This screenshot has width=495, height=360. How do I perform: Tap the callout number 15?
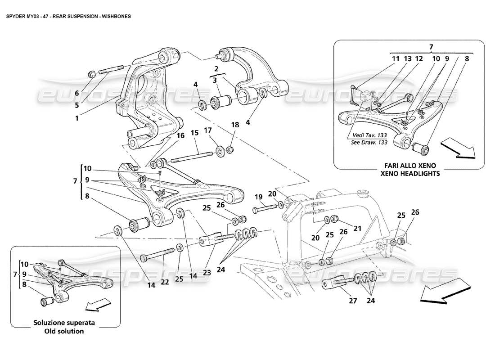194,134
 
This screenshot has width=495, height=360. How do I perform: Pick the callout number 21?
357,229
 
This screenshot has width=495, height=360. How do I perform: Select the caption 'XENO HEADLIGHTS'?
408,173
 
